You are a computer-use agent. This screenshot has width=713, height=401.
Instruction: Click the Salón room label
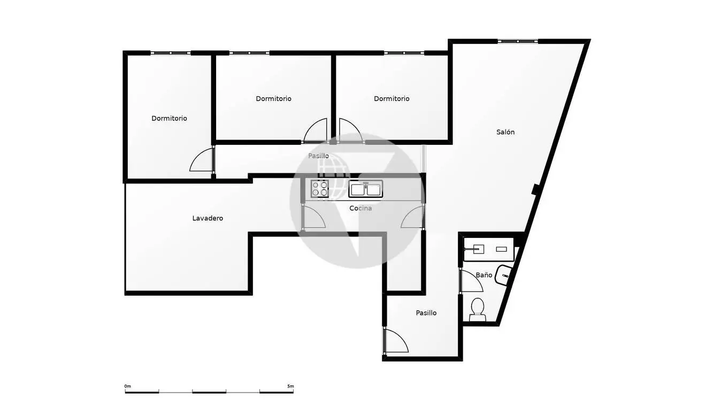[x=505, y=132]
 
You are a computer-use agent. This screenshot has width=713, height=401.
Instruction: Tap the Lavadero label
[x=208, y=218]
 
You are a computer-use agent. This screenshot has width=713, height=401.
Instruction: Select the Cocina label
[x=361, y=208]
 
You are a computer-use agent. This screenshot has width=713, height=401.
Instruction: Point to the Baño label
[x=484, y=275]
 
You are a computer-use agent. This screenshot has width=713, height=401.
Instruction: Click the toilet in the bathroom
[x=478, y=310]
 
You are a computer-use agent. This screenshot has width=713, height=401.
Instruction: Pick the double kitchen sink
[x=365, y=189]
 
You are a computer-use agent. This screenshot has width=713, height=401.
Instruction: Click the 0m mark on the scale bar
[x=127, y=387]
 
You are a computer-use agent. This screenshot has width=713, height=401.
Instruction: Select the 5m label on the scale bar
[x=290, y=387]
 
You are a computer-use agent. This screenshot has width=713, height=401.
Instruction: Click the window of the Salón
[x=518, y=41]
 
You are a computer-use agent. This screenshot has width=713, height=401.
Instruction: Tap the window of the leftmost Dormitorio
[x=171, y=53]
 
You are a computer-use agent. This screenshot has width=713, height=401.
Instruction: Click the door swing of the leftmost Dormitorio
[x=201, y=160]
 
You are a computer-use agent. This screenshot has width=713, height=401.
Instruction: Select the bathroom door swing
[x=472, y=281]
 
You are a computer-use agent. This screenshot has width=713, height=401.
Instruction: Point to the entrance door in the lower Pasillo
[x=396, y=341]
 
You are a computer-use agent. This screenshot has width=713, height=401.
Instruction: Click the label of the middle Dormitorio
[x=273, y=99]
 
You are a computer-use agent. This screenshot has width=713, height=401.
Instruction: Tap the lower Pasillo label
[x=426, y=313]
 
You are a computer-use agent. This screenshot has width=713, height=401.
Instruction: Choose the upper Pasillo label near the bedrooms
[x=318, y=156]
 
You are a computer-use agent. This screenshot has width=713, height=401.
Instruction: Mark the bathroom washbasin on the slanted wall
[x=505, y=275]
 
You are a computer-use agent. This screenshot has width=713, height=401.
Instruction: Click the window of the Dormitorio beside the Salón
[x=404, y=53]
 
